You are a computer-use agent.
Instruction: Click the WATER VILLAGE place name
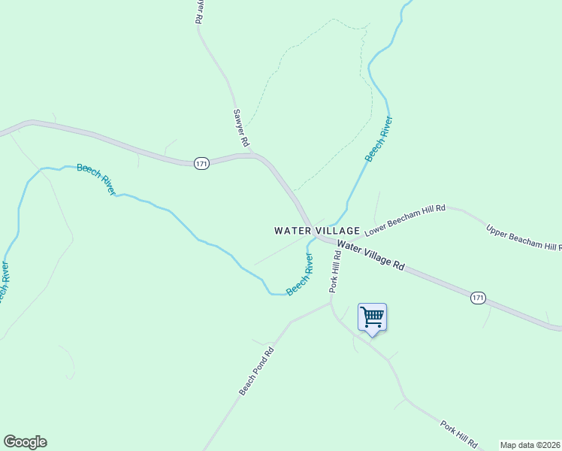[x=317, y=231]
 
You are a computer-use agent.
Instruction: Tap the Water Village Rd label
[x=371, y=256]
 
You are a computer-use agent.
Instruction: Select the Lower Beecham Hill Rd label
[x=410, y=221]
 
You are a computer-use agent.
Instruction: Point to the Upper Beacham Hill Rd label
[x=524, y=237]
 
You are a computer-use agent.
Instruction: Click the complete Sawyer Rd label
[x=240, y=127]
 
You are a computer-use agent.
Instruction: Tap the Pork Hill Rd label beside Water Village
[x=335, y=271]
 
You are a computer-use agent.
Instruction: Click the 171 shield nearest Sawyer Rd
[x=201, y=163]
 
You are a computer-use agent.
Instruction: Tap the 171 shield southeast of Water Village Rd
[x=478, y=298]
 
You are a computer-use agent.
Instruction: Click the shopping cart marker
[x=372, y=318]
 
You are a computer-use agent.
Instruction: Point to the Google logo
[x=25, y=442]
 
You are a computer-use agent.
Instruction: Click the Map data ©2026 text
[x=530, y=445]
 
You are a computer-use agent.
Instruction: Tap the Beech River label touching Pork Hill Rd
[x=300, y=274]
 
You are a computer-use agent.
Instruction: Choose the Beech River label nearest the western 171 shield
[x=96, y=179]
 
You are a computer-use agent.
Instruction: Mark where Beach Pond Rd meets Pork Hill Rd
[x=331, y=304]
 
